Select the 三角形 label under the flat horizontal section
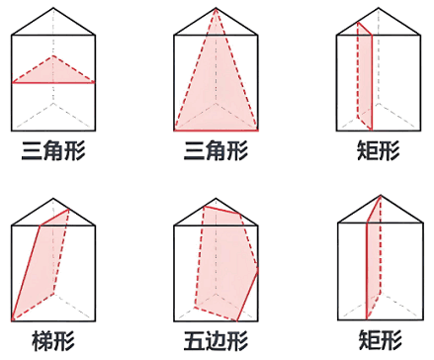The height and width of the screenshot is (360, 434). (53, 151)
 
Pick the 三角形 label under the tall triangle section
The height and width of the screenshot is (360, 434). (216, 151)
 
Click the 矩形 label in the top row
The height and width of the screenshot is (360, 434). (378, 151)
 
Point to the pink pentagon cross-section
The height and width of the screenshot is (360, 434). (224, 262)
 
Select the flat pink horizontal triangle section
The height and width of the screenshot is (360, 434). (53, 71)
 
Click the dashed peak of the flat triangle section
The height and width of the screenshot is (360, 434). (54, 56)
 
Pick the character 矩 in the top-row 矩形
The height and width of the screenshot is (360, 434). (367, 151)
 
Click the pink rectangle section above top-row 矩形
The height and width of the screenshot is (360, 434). (365, 79)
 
